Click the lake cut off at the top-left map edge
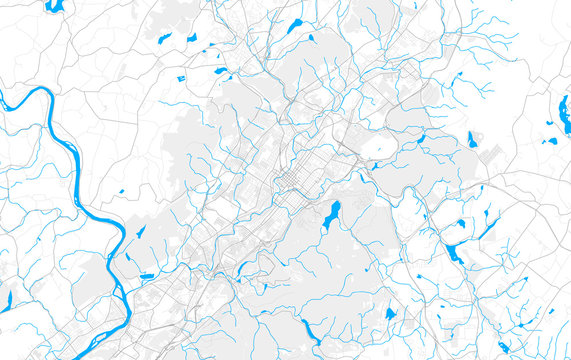54,5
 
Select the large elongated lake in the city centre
330,213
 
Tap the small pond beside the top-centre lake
311,38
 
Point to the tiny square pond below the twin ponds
181,78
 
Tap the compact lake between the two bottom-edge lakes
390,314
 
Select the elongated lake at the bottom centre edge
308,332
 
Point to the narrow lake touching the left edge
4,299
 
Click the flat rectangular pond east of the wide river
147,276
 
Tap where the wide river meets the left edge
3,101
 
